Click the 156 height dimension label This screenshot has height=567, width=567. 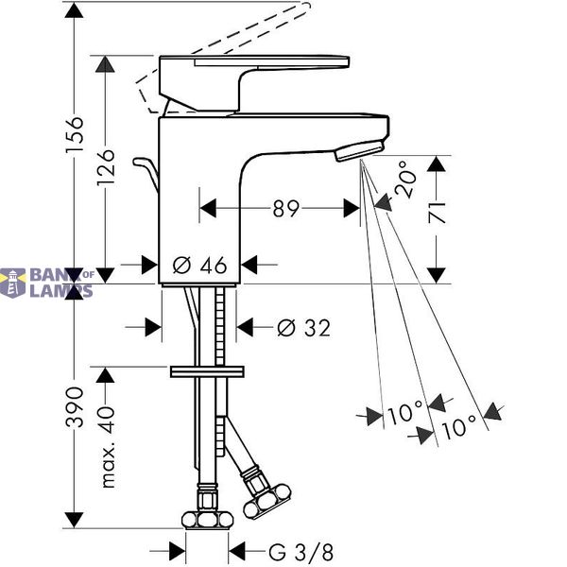[75, 134]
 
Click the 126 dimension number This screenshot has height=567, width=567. [106, 167]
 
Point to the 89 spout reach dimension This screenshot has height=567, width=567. [286, 209]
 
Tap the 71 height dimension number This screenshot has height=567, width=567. [436, 213]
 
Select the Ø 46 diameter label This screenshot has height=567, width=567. [199, 265]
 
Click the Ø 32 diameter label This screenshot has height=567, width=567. [303, 328]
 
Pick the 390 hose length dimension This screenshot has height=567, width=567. [75, 406]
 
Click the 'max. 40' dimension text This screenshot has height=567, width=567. [108, 447]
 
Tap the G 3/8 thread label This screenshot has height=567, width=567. [301, 552]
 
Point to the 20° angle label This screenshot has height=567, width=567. [405, 179]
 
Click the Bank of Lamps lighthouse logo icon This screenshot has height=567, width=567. [13, 283]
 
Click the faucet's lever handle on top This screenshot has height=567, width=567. [253, 83]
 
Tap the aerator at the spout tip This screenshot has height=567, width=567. [359, 151]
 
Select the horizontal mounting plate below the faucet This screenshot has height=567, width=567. [207, 371]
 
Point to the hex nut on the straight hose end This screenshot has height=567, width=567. [207, 519]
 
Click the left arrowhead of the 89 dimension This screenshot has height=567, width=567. [208, 208]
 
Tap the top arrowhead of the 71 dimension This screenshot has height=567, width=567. [436, 163]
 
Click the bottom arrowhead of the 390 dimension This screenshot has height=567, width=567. [74, 520]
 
